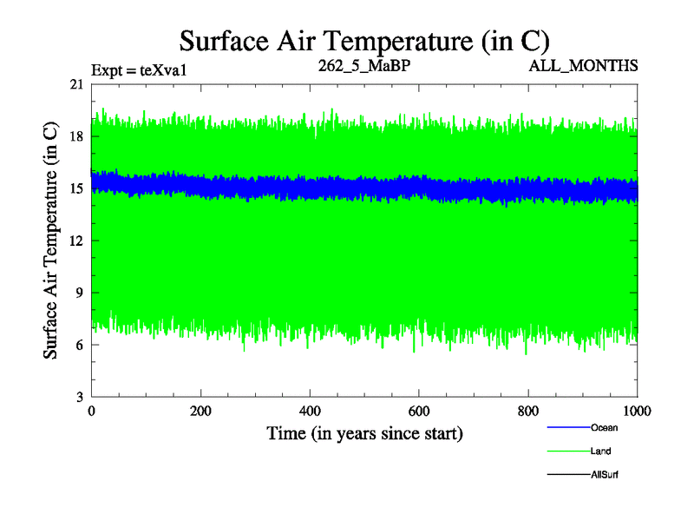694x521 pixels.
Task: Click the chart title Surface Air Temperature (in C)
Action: [364, 40]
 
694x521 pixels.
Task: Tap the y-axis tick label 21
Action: [77, 84]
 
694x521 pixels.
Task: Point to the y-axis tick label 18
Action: [77, 136]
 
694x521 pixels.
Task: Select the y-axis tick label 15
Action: [77, 188]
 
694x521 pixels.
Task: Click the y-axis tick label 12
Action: [77, 241]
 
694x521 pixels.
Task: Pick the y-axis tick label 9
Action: [80, 293]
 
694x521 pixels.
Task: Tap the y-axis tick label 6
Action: [80, 345]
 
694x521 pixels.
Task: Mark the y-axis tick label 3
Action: [80, 397]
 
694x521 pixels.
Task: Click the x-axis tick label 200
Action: [201, 412]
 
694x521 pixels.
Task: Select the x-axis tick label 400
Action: [311, 412]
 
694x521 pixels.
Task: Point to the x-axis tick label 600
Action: [420, 412]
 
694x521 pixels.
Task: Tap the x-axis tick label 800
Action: [529, 412]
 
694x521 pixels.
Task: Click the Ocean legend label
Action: [604, 427]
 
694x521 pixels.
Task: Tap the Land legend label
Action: [601, 451]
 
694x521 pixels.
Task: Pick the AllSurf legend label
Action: [605, 474]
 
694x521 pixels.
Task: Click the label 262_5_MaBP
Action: [364, 65]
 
